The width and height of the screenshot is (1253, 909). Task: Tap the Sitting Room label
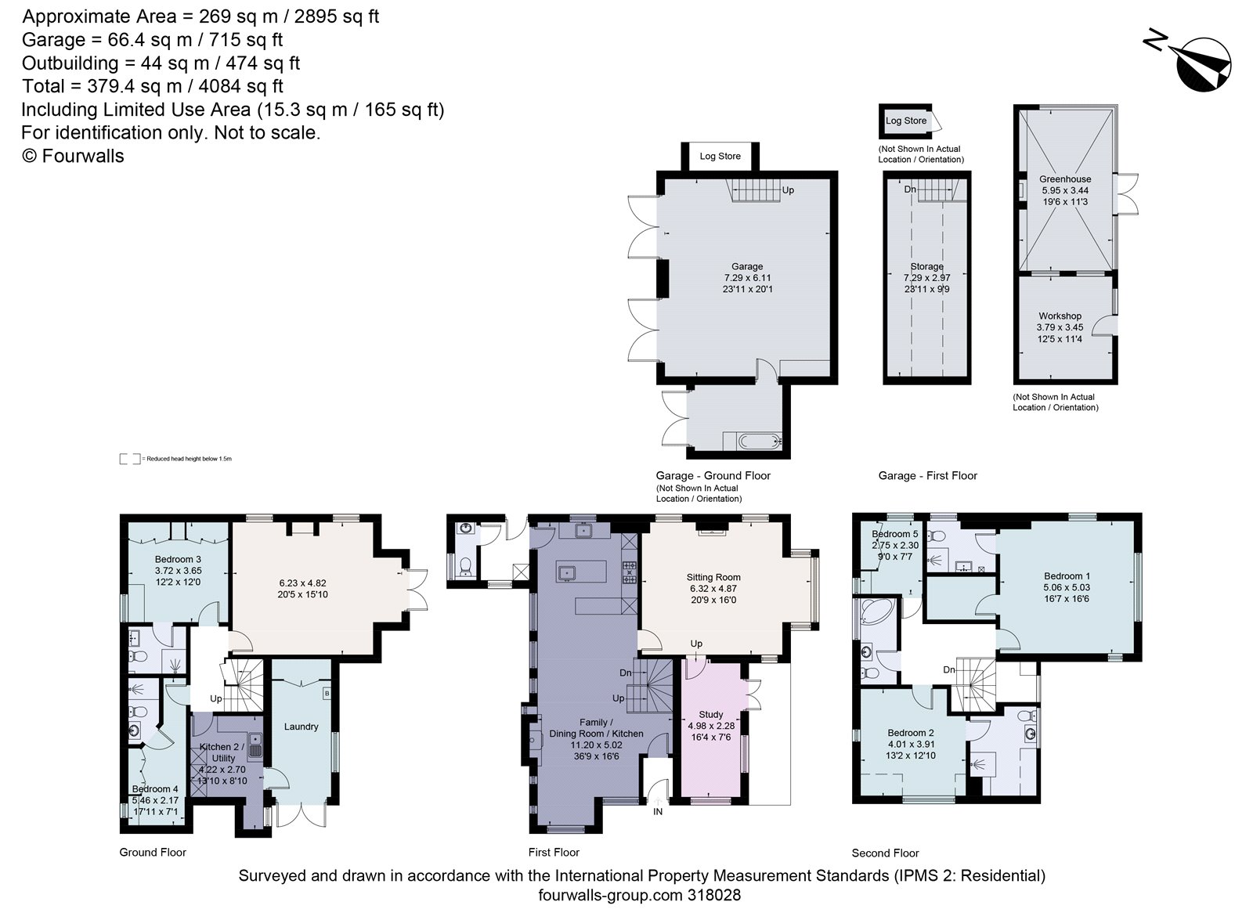[712, 577]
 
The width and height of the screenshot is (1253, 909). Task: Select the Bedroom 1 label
[1066, 575]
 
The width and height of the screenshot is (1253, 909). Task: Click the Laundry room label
[301, 727]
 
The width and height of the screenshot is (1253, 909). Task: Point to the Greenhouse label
[1064, 179]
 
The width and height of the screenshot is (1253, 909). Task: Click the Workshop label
[1060, 316]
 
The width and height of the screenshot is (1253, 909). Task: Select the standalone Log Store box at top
[905, 121]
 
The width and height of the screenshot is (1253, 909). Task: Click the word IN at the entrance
[658, 812]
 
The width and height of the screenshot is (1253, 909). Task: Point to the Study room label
[710, 714]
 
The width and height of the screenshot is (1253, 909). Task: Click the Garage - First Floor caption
[927, 475]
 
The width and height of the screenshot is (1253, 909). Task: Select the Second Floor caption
[885, 853]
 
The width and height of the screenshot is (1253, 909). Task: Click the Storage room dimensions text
[926, 283]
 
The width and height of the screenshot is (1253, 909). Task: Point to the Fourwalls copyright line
[72, 156]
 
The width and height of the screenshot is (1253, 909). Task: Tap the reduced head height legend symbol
[130, 459]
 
